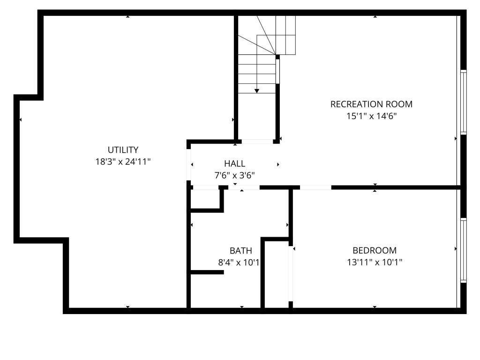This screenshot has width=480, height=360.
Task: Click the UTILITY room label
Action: click(x=123, y=150)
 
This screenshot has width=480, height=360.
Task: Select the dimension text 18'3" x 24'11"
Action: click(x=123, y=162)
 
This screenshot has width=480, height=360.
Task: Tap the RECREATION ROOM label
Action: click(x=371, y=104)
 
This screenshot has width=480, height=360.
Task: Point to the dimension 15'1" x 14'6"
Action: click(x=371, y=116)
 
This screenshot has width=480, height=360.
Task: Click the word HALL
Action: click(x=234, y=164)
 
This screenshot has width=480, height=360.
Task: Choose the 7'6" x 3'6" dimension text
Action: click(x=234, y=175)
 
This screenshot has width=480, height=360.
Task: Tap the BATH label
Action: click(x=241, y=251)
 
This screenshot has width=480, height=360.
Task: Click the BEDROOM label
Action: click(x=375, y=250)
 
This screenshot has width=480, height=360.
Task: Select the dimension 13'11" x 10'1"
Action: click(x=375, y=262)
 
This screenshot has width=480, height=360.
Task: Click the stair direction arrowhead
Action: click(x=257, y=91)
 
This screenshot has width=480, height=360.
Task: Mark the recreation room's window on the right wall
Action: click(x=464, y=102)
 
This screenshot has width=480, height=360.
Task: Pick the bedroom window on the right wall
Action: click(x=464, y=250)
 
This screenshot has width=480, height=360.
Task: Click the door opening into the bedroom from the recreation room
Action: click(x=315, y=187)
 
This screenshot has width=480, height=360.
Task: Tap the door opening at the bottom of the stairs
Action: click(x=257, y=142)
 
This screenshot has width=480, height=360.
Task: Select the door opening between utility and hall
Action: click(x=188, y=165)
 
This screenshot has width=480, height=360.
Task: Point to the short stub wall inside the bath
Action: click(x=207, y=272)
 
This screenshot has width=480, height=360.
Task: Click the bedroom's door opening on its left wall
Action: click(x=291, y=274)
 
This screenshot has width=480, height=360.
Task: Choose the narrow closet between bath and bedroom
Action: click(x=277, y=274)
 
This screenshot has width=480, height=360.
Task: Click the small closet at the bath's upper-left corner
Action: click(x=205, y=199)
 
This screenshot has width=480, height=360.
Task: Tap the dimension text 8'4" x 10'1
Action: click(x=239, y=262)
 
